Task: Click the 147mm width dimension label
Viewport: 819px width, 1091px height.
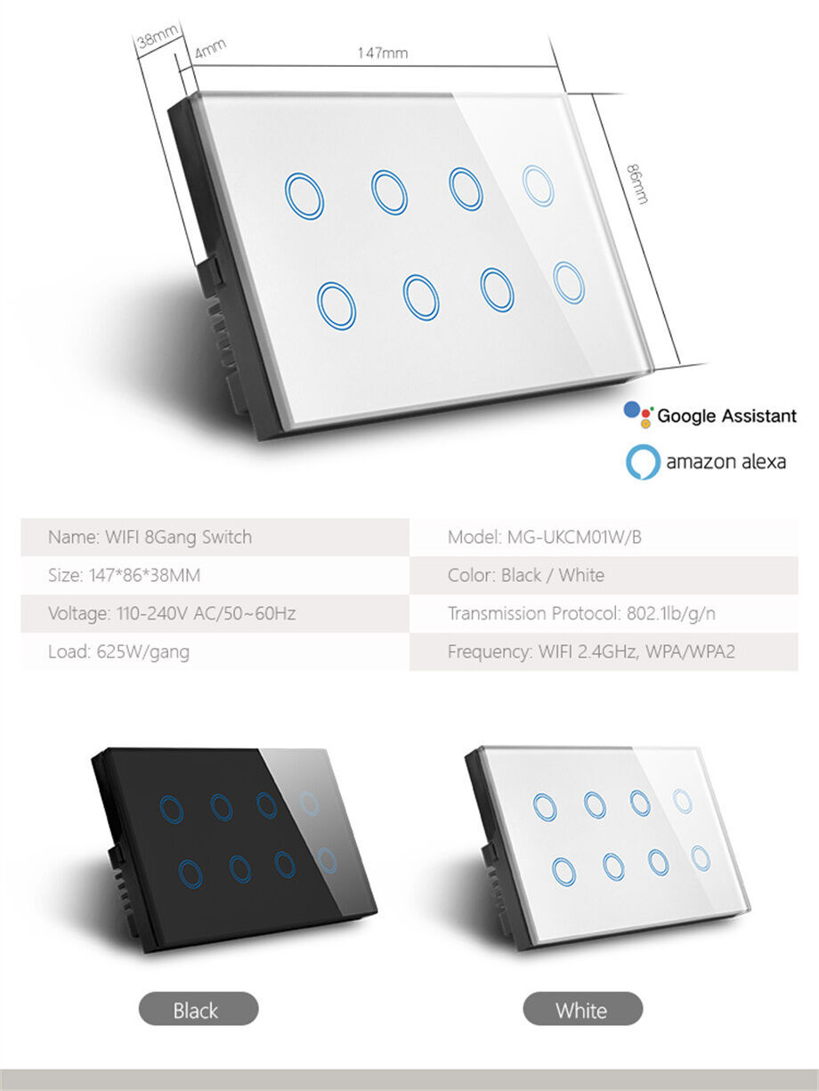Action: coord(383,53)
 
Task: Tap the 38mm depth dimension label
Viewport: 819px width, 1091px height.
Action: coord(158,36)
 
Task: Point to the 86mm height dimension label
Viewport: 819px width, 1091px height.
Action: coord(637,184)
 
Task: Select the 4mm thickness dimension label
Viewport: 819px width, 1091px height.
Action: coord(210,48)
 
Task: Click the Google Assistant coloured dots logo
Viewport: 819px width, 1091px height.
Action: coord(638,415)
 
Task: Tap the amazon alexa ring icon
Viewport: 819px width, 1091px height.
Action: coord(643,462)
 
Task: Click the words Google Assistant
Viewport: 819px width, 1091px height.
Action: coord(726,416)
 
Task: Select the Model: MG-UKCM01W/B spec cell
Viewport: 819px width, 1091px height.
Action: coord(604,537)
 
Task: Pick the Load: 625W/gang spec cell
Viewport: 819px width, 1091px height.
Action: coord(215,651)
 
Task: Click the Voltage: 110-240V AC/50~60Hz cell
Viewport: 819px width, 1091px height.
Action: coord(215,613)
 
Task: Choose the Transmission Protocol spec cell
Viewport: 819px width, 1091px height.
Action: coord(604,613)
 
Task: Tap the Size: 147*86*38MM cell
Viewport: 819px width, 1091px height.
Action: coord(215,575)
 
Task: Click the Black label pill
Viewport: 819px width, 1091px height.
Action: coord(199,1008)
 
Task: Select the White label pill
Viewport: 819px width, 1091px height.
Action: coord(583,1008)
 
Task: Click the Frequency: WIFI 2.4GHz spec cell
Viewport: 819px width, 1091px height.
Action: coord(604,651)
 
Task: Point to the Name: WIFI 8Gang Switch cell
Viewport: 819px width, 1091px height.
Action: coord(215,537)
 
